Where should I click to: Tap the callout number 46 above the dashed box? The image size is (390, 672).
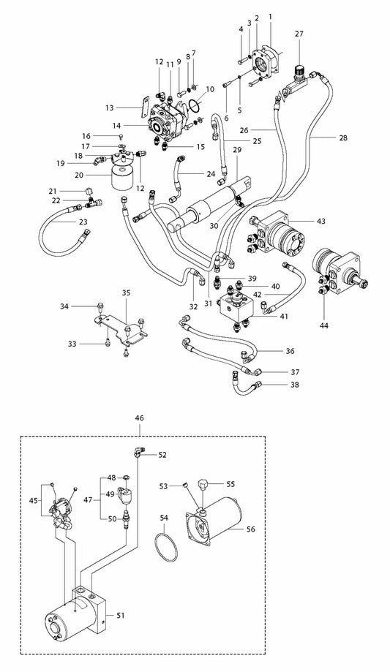(140, 418)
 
